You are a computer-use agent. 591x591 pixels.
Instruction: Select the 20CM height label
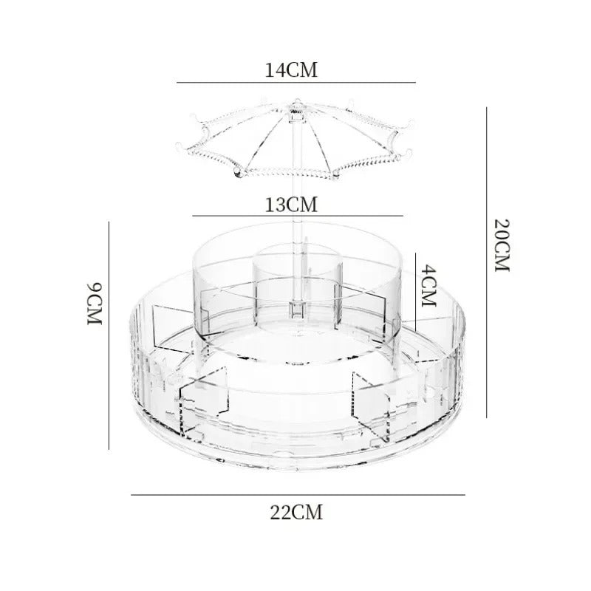(503, 245)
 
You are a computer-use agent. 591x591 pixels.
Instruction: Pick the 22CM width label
(295, 511)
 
